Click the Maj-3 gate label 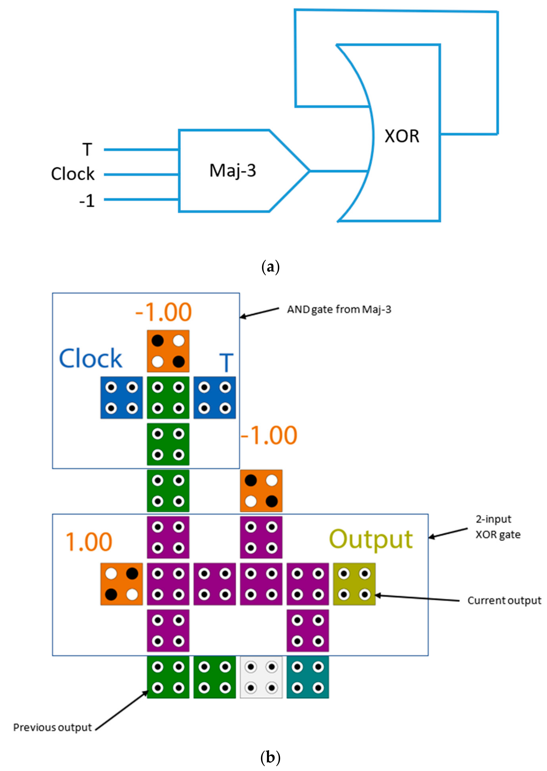232,170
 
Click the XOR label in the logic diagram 402,136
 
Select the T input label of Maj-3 87,149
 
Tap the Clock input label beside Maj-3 73,174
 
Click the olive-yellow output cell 354,584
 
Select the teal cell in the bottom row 308,677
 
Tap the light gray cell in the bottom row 261,677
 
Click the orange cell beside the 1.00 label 121,584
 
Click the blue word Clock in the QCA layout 90,358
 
